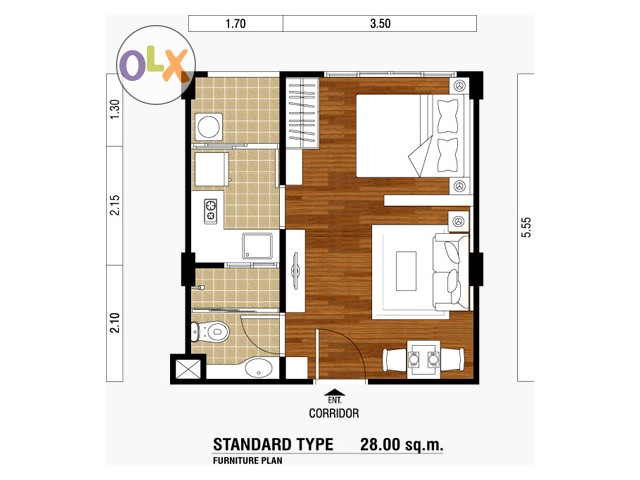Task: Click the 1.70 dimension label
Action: (236, 24)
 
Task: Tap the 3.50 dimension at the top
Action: (380, 24)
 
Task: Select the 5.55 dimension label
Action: (527, 227)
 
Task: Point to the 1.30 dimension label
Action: (116, 109)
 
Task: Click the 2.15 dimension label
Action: (116, 205)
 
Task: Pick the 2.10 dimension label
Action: (116, 322)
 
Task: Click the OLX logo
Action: (156, 65)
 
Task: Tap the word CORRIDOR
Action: (334, 413)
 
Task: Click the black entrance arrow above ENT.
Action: (335, 392)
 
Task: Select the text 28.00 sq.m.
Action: (401, 444)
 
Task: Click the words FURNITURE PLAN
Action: (247, 461)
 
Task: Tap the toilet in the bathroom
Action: (210, 331)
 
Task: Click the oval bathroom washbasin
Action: (259, 368)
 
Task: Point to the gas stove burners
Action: (211, 210)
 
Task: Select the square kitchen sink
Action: (257, 246)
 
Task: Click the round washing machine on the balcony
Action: (209, 127)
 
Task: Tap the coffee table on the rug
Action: (406, 271)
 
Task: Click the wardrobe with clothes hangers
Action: (302, 113)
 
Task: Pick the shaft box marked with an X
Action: (188, 369)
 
